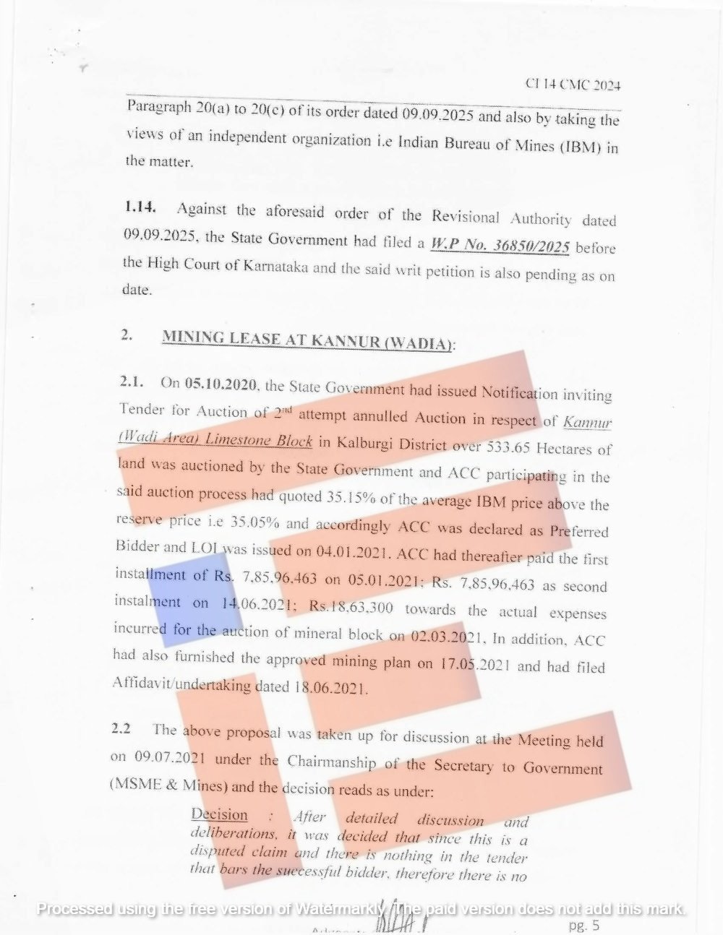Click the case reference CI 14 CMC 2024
573,85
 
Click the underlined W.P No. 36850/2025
500,246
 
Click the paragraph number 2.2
121,729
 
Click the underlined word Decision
219,815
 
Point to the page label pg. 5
584,925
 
